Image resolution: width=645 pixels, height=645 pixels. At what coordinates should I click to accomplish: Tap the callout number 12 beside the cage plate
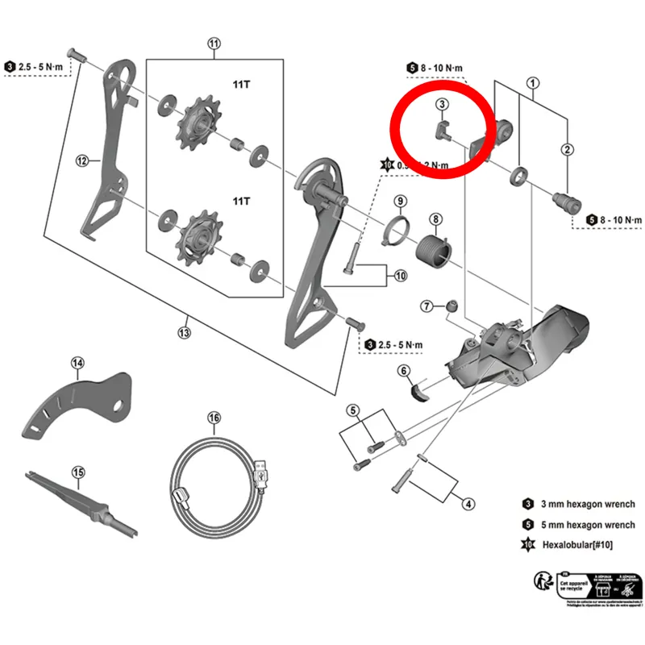tap(81, 161)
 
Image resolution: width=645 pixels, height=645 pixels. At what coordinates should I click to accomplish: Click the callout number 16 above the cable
tap(214, 418)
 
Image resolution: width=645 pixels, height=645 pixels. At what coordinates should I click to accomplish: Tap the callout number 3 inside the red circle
tap(442, 104)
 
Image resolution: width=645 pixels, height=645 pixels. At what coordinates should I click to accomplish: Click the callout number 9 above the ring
tap(400, 201)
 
